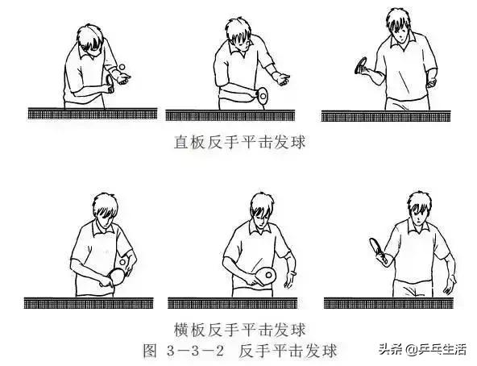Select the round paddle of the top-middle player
click(x=263, y=95)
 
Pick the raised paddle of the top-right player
click(x=363, y=65)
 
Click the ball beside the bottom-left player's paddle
click(x=123, y=262)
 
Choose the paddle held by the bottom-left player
click(x=117, y=276)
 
